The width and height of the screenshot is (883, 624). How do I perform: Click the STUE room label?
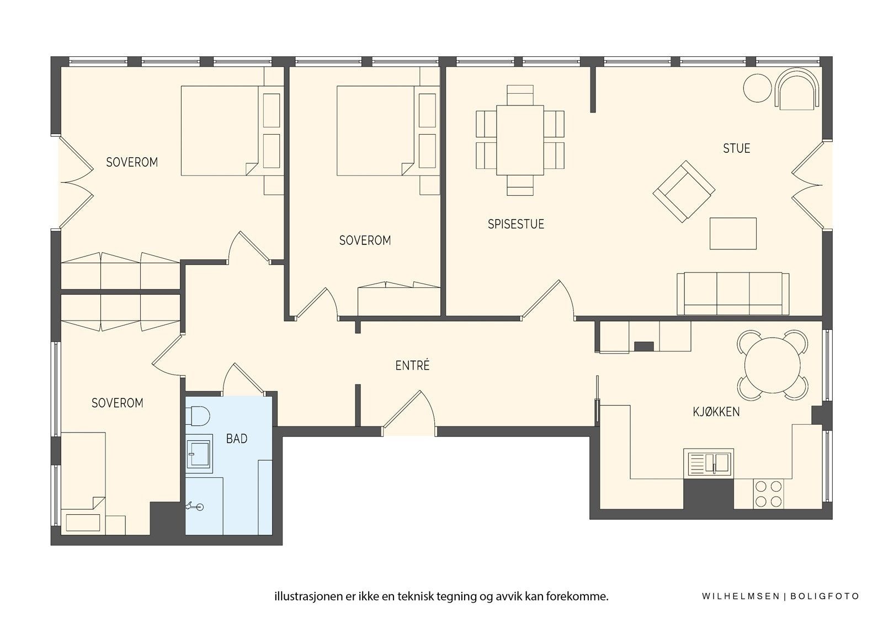736,148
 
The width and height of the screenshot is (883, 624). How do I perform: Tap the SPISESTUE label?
515,224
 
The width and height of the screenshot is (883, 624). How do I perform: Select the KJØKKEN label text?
716,412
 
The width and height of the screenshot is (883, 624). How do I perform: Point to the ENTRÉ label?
412,365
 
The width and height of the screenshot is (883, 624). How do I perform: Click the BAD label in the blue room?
237,438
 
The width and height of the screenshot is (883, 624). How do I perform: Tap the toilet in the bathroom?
200,416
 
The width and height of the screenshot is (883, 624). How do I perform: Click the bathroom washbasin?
199,454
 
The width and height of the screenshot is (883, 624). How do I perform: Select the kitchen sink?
709,463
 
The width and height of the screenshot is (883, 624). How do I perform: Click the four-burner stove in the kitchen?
768,494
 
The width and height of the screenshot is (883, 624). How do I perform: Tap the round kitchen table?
772,365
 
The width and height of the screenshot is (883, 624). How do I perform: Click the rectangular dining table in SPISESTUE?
520,140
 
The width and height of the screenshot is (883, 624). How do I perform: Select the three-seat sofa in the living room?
733,294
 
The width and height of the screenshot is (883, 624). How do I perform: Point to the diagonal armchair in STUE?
684,191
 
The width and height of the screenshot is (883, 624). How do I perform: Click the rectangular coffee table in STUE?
733,233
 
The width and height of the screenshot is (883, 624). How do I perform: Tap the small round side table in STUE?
757,88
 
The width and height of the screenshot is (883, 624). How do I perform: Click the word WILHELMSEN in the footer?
741,596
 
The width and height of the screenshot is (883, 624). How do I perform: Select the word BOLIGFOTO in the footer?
825,596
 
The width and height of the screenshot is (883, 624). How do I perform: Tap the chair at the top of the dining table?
520,95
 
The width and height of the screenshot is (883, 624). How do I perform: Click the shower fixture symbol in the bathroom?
195,506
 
